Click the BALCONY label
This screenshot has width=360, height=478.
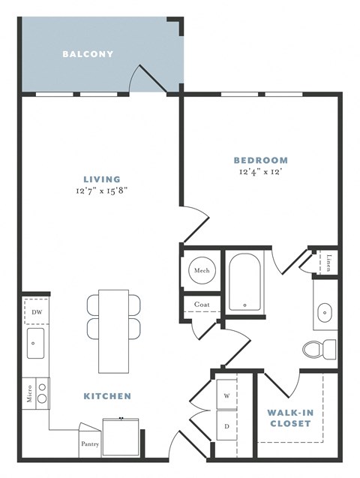click(88, 54)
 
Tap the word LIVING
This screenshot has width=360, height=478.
click(102, 179)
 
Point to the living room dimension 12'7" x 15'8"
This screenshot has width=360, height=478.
click(102, 192)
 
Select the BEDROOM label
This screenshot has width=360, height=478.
click(260, 160)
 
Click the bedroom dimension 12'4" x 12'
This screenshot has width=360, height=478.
click(260, 173)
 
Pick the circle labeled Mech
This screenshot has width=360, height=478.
click(202, 271)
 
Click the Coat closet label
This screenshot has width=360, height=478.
click(201, 305)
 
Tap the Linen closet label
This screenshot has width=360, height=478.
click(330, 262)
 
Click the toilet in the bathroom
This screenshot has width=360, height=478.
click(319, 349)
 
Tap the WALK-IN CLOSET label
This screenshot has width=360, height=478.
click(289, 418)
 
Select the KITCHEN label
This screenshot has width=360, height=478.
click(107, 395)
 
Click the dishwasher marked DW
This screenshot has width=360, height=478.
click(34, 311)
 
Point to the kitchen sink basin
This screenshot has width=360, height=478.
click(34, 344)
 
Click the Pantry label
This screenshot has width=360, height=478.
click(89, 443)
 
